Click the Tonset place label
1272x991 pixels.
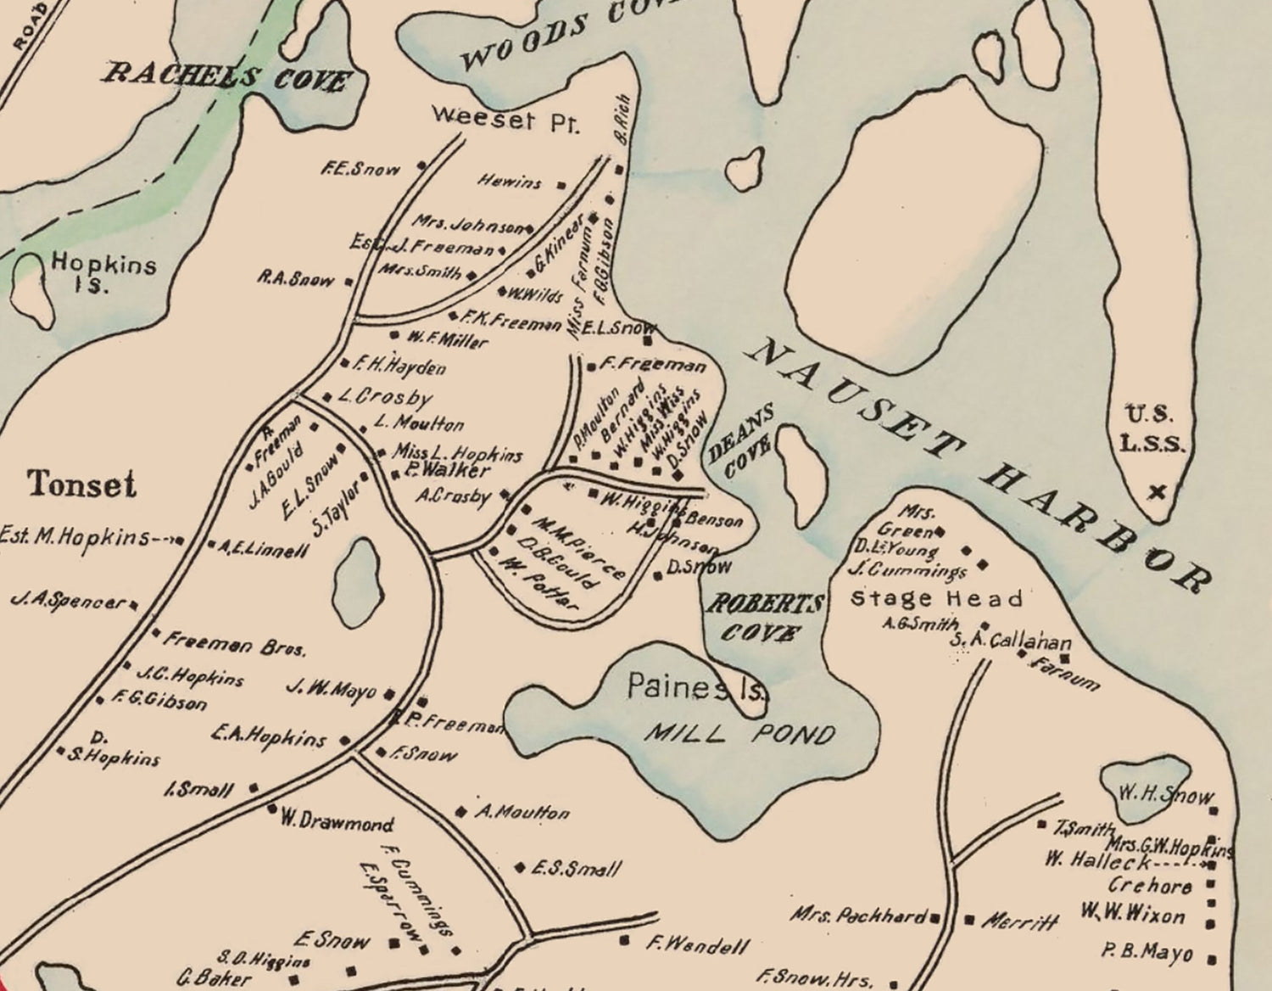[x=81, y=484]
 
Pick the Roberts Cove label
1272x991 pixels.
[x=765, y=618]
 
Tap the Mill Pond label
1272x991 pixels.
[x=739, y=733]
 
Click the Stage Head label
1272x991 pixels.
[x=936, y=599]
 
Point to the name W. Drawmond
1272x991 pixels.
[x=337, y=822]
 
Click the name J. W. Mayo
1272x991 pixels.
[x=331, y=689]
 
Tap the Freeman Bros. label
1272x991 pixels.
[x=234, y=645]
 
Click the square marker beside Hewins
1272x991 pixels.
[x=561, y=183]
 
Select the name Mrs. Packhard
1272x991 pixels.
[x=858, y=916]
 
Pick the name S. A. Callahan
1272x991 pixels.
[x=1010, y=642]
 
